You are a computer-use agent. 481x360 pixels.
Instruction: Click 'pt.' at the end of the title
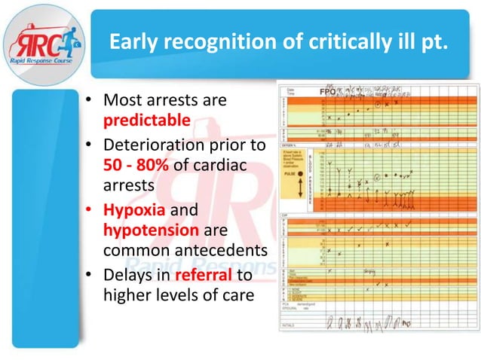click(x=437, y=43)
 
